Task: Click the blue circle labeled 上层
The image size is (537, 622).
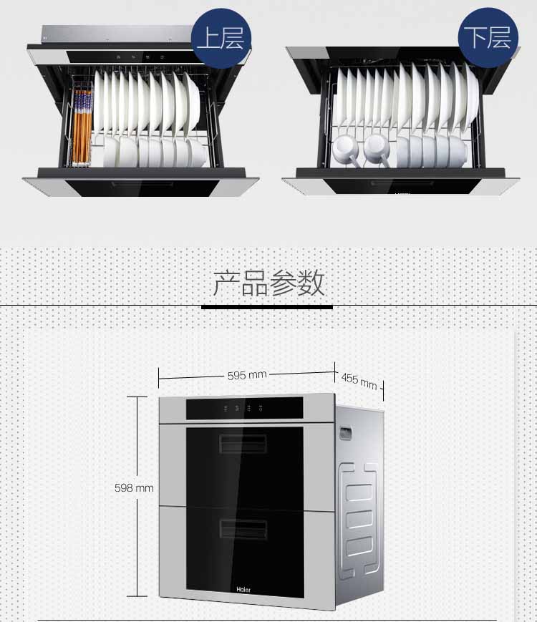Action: click(x=221, y=38)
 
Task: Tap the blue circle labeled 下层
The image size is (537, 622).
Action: click(x=488, y=38)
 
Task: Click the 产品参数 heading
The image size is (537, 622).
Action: click(x=268, y=283)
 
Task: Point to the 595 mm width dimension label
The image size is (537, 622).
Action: click(x=247, y=375)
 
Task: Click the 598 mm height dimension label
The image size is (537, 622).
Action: click(x=134, y=487)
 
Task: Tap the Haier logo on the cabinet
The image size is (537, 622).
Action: click(x=243, y=590)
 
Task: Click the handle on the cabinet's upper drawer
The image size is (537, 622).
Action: click(x=243, y=444)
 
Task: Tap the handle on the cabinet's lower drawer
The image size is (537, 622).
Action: click(x=243, y=529)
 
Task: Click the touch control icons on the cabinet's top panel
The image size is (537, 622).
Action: click(x=243, y=408)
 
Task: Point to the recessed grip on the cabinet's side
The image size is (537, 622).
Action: click(x=345, y=432)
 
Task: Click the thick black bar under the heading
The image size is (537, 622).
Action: click(x=267, y=307)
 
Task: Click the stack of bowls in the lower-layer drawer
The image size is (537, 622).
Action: click(x=432, y=151)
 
